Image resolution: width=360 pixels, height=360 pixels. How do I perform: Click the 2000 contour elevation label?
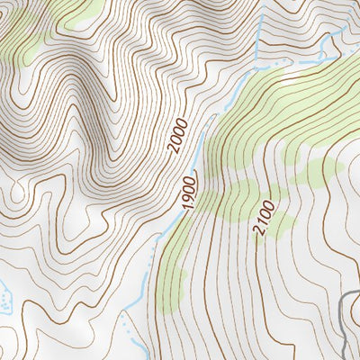click(x=179, y=135)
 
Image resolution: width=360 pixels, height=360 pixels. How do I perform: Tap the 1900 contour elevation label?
click(x=188, y=191)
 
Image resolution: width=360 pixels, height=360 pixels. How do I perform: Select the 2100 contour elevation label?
click(x=261, y=216)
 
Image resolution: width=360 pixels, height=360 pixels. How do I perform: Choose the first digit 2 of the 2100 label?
click(x=258, y=232)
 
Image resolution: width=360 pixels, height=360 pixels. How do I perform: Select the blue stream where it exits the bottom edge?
click(x=135, y=355)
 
